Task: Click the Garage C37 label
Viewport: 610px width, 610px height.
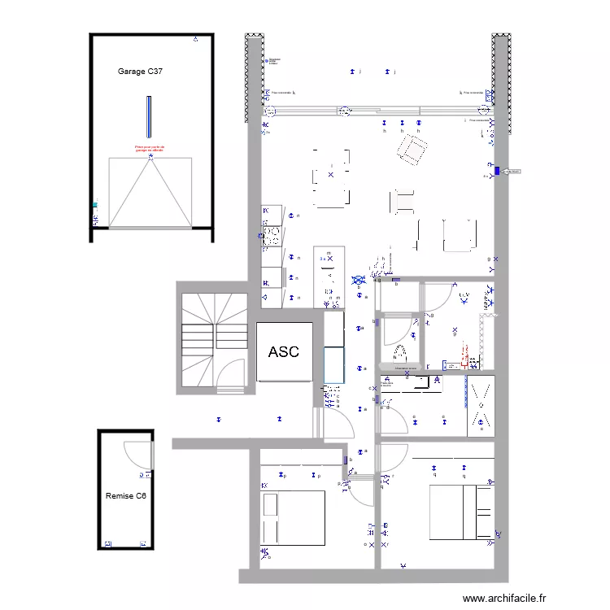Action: (x=140, y=72)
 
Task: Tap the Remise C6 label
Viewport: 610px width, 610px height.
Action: (x=126, y=496)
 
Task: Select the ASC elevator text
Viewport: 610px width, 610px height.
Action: (x=284, y=352)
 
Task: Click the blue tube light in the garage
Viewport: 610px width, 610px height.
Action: (x=149, y=117)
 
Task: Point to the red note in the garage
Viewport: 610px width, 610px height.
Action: (x=150, y=149)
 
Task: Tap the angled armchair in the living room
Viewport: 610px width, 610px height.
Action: (x=412, y=149)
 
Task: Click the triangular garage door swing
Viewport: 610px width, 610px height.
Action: (x=150, y=194)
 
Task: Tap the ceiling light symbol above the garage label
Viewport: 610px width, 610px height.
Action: (x=195, y=39)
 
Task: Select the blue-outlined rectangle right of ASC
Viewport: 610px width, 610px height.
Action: (x=334, y=364)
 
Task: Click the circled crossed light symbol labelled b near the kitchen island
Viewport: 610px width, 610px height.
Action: (x=358, y=281)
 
